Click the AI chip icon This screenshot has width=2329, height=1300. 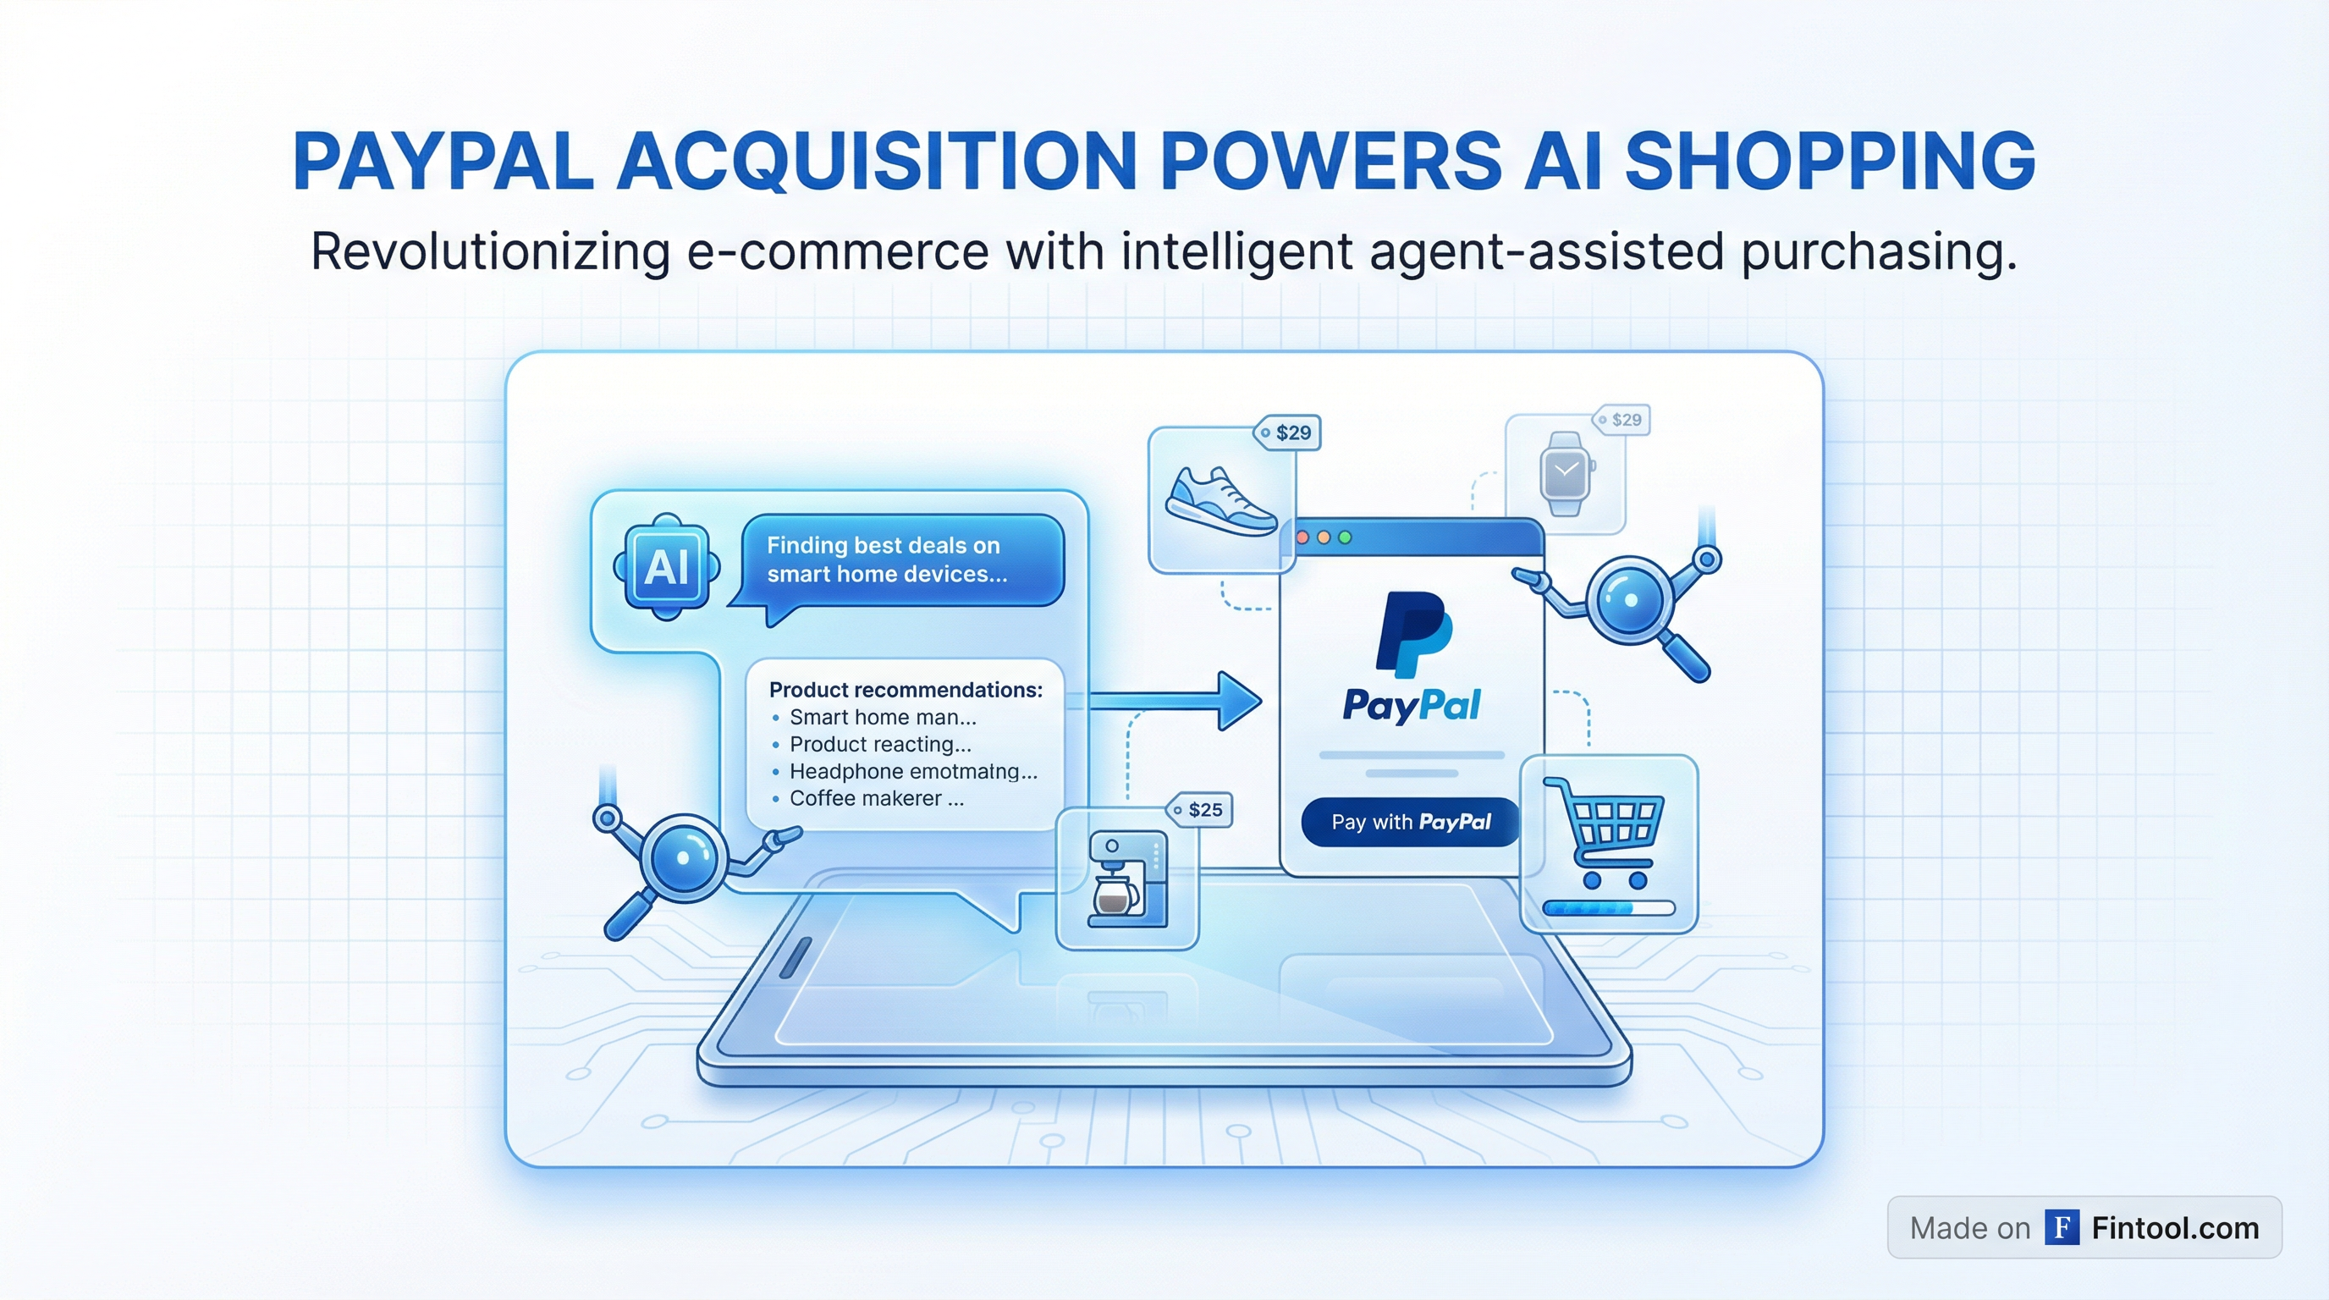coord(667,567)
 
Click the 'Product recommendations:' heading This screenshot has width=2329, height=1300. coord(905,690)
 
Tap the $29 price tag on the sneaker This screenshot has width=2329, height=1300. coord(1287,433)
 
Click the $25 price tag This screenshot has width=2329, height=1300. coord(1200,810)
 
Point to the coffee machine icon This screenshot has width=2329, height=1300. coord(1126,879)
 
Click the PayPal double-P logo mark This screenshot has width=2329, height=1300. coord(1413,635)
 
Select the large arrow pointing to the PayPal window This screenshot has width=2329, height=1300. coord(1176,701)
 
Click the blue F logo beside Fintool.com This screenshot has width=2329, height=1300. coord(2062,1228)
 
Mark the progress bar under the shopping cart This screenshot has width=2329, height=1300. coord(1609,907)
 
